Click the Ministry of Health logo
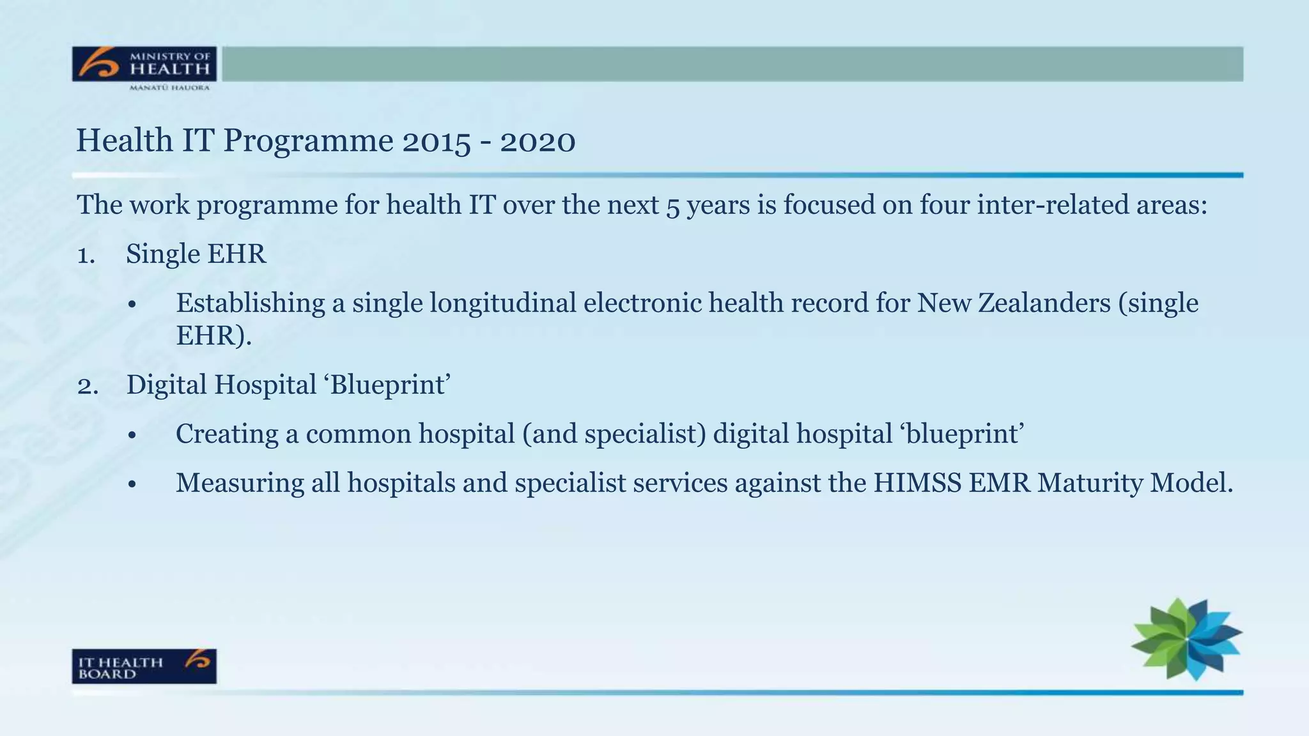[x=144, y=67]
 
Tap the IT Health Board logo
[x=144, y=666]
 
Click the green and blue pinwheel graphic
[x=1186, y=640]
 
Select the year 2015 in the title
[x=436, y=141]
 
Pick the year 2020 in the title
[x=538, y=141]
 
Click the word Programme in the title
[x=308, y=142]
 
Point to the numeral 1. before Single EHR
[x=86, y=255]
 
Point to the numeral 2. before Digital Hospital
[x=88, y=386]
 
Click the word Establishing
[x=250, y=303]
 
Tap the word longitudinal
[x=502, y=303]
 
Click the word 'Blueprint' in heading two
[x=390, y=385]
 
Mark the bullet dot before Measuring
[x=132, y=485]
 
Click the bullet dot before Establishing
[x=132, y=305]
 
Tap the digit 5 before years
[x=672, y=207]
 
